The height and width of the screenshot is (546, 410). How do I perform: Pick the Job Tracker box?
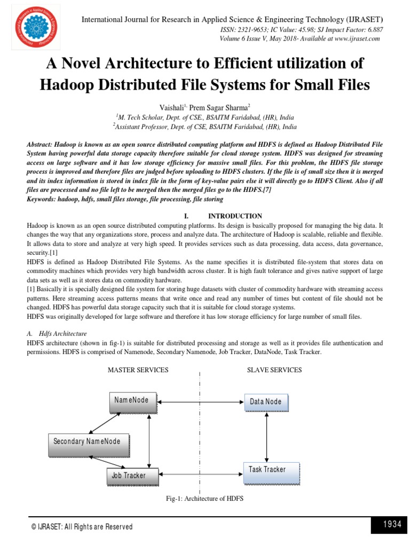pyautogui.click(x=128, y=475)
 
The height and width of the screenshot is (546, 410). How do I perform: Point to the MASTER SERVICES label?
pyautogui.click(x=138, y=370)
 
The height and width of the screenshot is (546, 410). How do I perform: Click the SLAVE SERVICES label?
pyautogui.click(x=274, y=370)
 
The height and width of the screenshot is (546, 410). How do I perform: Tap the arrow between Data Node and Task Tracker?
pyautogui.click(x=266, y=436)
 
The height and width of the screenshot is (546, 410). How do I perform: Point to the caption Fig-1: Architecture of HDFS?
pyautogui.click(x=205, y=499)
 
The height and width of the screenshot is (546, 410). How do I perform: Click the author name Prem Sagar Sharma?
pyautogui.click(x=220, y=107)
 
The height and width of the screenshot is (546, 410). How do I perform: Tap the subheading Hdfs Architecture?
pyautogui.click(x=63, y=333)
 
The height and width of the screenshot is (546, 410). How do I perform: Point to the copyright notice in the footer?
pyautogui.click(x=82, y=526)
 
